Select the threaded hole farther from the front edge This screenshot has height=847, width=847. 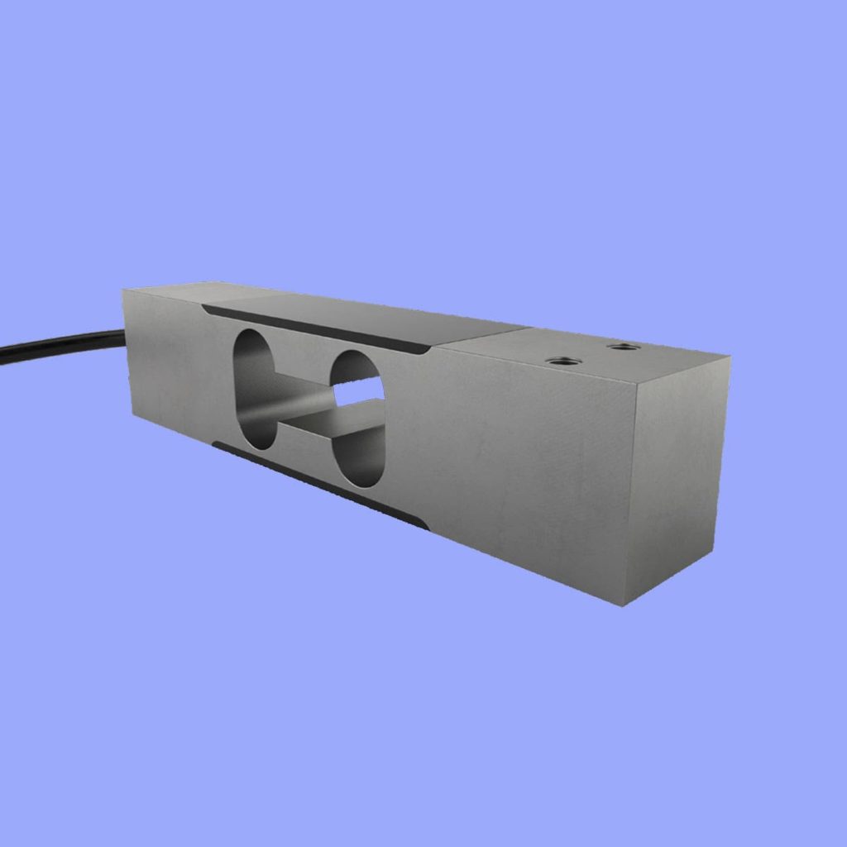point(622,346)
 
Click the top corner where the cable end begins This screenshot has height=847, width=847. point(124,290)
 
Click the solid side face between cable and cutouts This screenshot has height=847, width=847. point(170,372)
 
